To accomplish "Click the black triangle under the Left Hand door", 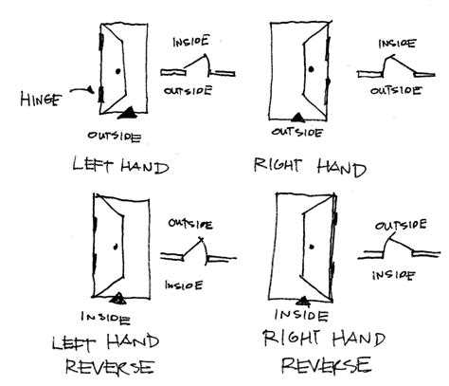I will click(x=127, y=115).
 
